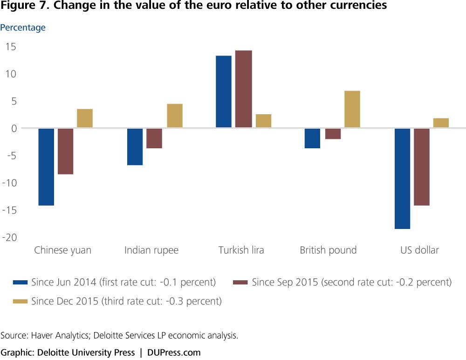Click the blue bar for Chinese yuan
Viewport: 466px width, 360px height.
click(46, 167)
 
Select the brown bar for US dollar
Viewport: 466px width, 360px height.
click(421, 167)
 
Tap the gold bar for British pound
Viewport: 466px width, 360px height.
click(352, 109)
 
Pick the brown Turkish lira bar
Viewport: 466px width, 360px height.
click(244, 89)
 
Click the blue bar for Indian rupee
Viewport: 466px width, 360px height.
click(135, 147)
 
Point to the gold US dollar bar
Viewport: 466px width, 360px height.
click(441, 123)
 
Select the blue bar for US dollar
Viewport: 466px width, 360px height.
click(403, 179)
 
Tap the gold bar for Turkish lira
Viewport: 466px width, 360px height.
click(264, 121)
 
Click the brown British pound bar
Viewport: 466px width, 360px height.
click(333, 134)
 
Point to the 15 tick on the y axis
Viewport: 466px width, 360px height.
click(11, 47)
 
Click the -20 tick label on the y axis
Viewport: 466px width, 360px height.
click(9, 237)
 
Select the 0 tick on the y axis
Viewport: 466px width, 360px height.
click(14, 129)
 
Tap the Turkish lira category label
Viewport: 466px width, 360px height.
click(241, 250)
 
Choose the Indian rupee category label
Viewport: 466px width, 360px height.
click(151, 250)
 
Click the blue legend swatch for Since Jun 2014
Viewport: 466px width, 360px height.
click(20, 282)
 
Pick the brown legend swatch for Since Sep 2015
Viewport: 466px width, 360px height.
click(240, 282)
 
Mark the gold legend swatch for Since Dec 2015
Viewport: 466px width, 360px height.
click(20, 301)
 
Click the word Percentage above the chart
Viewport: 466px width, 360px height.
click(23, 28)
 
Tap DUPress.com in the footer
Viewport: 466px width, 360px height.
click(174, 353)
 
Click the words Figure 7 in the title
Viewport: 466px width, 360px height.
click(24, 5)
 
